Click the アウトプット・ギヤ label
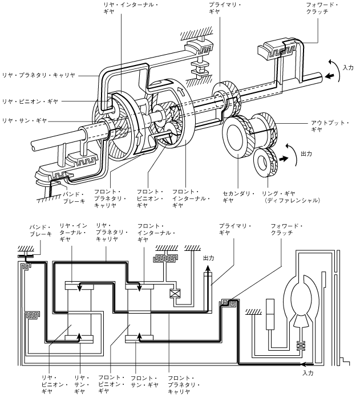(x=330, y=126)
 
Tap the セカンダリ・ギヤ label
(x=238, y=197)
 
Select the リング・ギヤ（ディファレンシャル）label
(x=290, y=197)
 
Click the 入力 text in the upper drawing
(x=348, y=67)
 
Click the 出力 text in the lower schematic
(x=209, y=258)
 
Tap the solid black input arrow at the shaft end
(x=330, y=76)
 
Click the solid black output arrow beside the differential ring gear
(x=284, y=159)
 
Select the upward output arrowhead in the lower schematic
(x=208, y=269)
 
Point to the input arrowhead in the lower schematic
(x=303, y=364)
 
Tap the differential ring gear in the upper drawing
(x=265, y=163)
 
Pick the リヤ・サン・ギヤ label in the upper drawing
(x=25, y=120)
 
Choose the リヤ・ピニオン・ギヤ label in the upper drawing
(x=30, y=101)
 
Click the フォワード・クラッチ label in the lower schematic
(x=286, y=229)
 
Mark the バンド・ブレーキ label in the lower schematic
(x=41, y=230)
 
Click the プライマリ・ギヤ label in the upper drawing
(x=225, y=8)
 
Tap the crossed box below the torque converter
(x=301, y=346)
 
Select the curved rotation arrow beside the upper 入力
(x=335, y=70)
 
